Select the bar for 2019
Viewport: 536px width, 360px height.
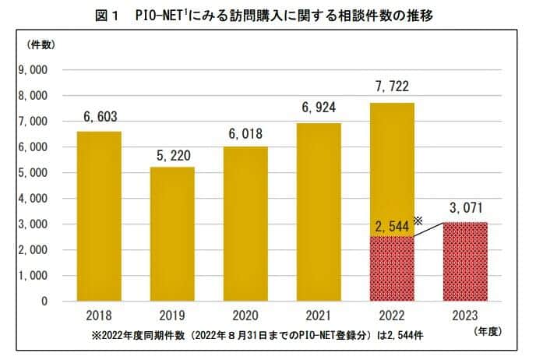[x=172, y=234]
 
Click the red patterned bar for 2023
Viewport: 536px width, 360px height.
[x=465, y=262]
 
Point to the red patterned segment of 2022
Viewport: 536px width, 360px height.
[x=391, y=269]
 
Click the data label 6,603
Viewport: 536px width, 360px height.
[x=98, y=117]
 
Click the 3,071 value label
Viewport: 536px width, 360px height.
[x=465, y=208]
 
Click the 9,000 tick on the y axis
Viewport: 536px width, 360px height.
[x=33, y=70]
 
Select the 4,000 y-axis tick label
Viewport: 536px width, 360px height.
[x=33, y=199]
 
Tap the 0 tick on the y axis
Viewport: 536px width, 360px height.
[x=44, y=302]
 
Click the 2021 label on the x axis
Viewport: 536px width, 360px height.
[x=318, y=317]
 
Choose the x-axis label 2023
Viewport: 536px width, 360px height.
[x=465, y=317]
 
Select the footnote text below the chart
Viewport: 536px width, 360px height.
[x=265, y=334]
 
